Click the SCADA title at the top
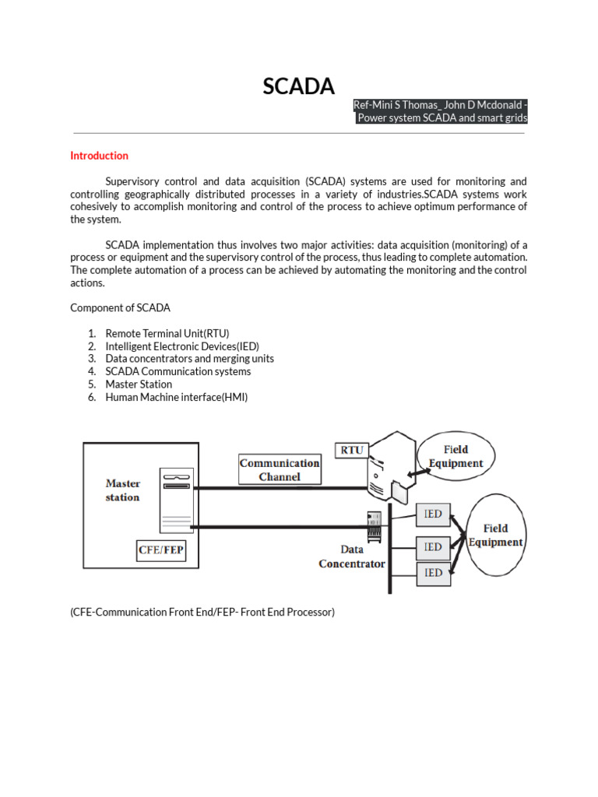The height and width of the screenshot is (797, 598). coord(298,87)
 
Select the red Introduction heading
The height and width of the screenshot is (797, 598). coord(99,156)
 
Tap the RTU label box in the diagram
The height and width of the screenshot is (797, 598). coord(352,450)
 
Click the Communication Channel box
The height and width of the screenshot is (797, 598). coord(280,469)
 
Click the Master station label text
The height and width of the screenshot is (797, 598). coord(123,490)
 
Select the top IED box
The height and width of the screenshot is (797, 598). coord(433,514)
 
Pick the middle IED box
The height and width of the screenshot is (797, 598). coord(433,547)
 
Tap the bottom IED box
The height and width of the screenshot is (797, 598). coord(433,573)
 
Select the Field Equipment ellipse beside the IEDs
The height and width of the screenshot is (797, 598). coord(495,535)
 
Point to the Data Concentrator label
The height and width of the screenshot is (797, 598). coord(352,556)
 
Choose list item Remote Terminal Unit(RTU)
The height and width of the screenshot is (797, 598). coord(167,333)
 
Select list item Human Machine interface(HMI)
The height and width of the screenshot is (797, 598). coord(176,397)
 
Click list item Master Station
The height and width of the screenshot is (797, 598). coord(139,384)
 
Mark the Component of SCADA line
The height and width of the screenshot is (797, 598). coord(120,307)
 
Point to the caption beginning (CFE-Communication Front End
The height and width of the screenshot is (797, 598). coord(202,612)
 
